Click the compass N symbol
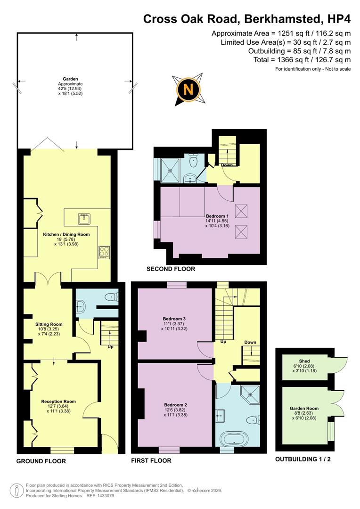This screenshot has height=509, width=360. point(188,89)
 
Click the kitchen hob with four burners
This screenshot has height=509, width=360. point(104,252)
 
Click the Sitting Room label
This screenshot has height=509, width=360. point(49,324)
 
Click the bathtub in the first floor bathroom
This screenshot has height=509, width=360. point(234,440)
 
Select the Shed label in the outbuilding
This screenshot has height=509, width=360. point(304,361)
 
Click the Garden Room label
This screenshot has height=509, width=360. point(304,408)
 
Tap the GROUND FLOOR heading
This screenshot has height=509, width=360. point(41,461)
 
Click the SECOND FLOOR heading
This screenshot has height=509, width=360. point(171,269)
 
